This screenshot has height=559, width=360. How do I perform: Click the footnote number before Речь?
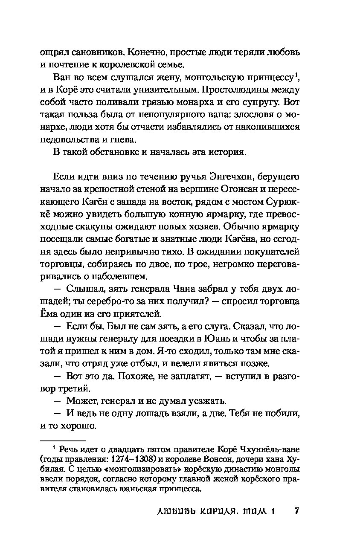[x=54, y=448]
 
